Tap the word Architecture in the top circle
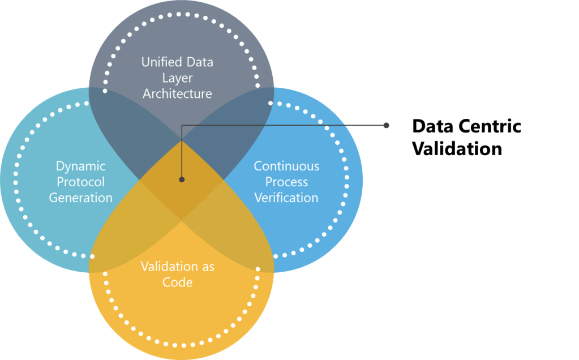point(177,93)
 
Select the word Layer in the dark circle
point(177,78)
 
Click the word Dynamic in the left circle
point(80,166)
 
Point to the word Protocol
point(80,182)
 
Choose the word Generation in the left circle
point(80,198)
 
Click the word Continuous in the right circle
point(286,166)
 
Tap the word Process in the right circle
point(286,182)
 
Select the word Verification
point(286,198)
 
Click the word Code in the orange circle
point(177,282)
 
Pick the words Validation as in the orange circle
point(177,266)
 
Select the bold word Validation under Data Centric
point(456,149)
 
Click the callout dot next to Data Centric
point(387,125)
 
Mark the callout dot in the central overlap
point(182,179)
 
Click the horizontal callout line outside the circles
point(328,125)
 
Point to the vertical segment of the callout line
point(182,153)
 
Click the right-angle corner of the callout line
point(182,125)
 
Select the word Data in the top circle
point(199,62)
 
